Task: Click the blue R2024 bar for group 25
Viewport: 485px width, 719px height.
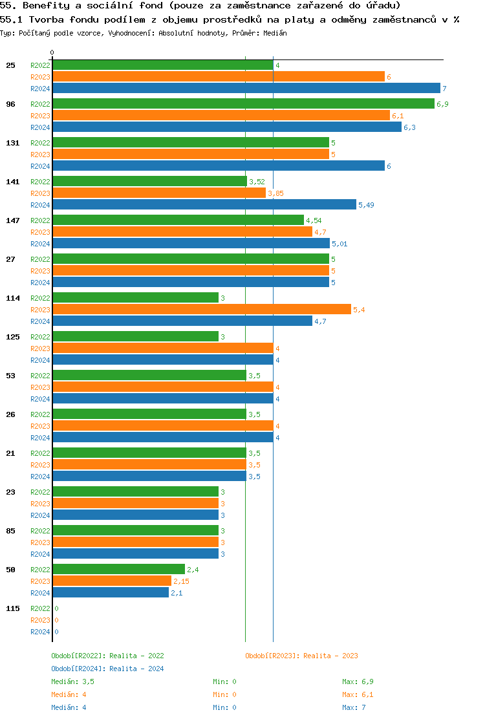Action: (246, 89)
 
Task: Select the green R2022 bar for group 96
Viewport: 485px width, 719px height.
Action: (243, 104)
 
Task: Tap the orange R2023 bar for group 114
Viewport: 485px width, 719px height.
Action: (201, 310)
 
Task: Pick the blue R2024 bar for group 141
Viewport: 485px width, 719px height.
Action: (204, 205)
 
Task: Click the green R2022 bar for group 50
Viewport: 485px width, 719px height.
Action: (118, 570)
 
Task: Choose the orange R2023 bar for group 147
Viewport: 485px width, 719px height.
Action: (182, 232)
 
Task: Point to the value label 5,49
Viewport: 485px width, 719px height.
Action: (367, 205)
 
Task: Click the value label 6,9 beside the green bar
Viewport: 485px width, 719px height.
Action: (442, 104)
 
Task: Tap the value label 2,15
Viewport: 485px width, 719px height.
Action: (181, 581)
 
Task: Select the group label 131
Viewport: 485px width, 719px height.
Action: (12, 143)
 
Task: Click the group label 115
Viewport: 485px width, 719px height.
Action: (12, 608)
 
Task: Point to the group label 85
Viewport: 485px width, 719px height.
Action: (10, 531)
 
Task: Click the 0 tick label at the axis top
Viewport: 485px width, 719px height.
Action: (52, 53)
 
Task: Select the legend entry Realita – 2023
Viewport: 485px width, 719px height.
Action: (301, 656)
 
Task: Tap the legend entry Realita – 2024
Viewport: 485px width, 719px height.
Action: (107, 669)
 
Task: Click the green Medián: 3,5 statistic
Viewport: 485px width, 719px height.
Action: (73, 681)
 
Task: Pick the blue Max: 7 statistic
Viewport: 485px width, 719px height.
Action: (354, 707)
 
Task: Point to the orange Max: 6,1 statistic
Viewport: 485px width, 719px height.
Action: (358, 694)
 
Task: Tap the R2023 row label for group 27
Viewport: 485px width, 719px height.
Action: (40, 271)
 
